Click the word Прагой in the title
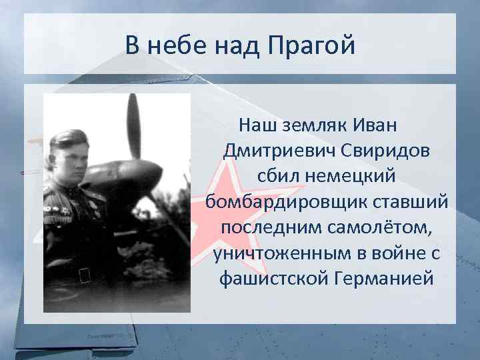(x=311, y=46)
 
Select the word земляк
(x=321, y=125)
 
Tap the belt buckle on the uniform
(x=85, y=274)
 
